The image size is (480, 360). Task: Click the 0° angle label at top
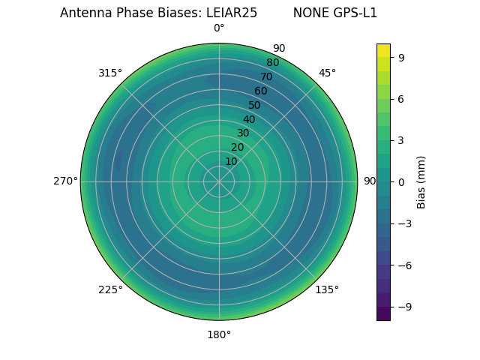219,28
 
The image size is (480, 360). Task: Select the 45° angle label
327,73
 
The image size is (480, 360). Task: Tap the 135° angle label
327,289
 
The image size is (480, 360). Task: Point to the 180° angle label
219,334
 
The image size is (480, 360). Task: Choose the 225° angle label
110,289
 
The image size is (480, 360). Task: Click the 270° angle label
65,181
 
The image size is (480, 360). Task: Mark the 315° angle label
110,73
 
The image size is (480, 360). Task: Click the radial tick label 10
231,161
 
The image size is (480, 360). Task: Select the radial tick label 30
243,133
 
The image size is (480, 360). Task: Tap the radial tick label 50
255,106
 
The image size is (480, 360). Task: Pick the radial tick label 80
273,63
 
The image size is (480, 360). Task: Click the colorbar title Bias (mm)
421,181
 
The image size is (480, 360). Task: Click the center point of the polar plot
219,181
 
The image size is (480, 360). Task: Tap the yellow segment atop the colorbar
383,49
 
